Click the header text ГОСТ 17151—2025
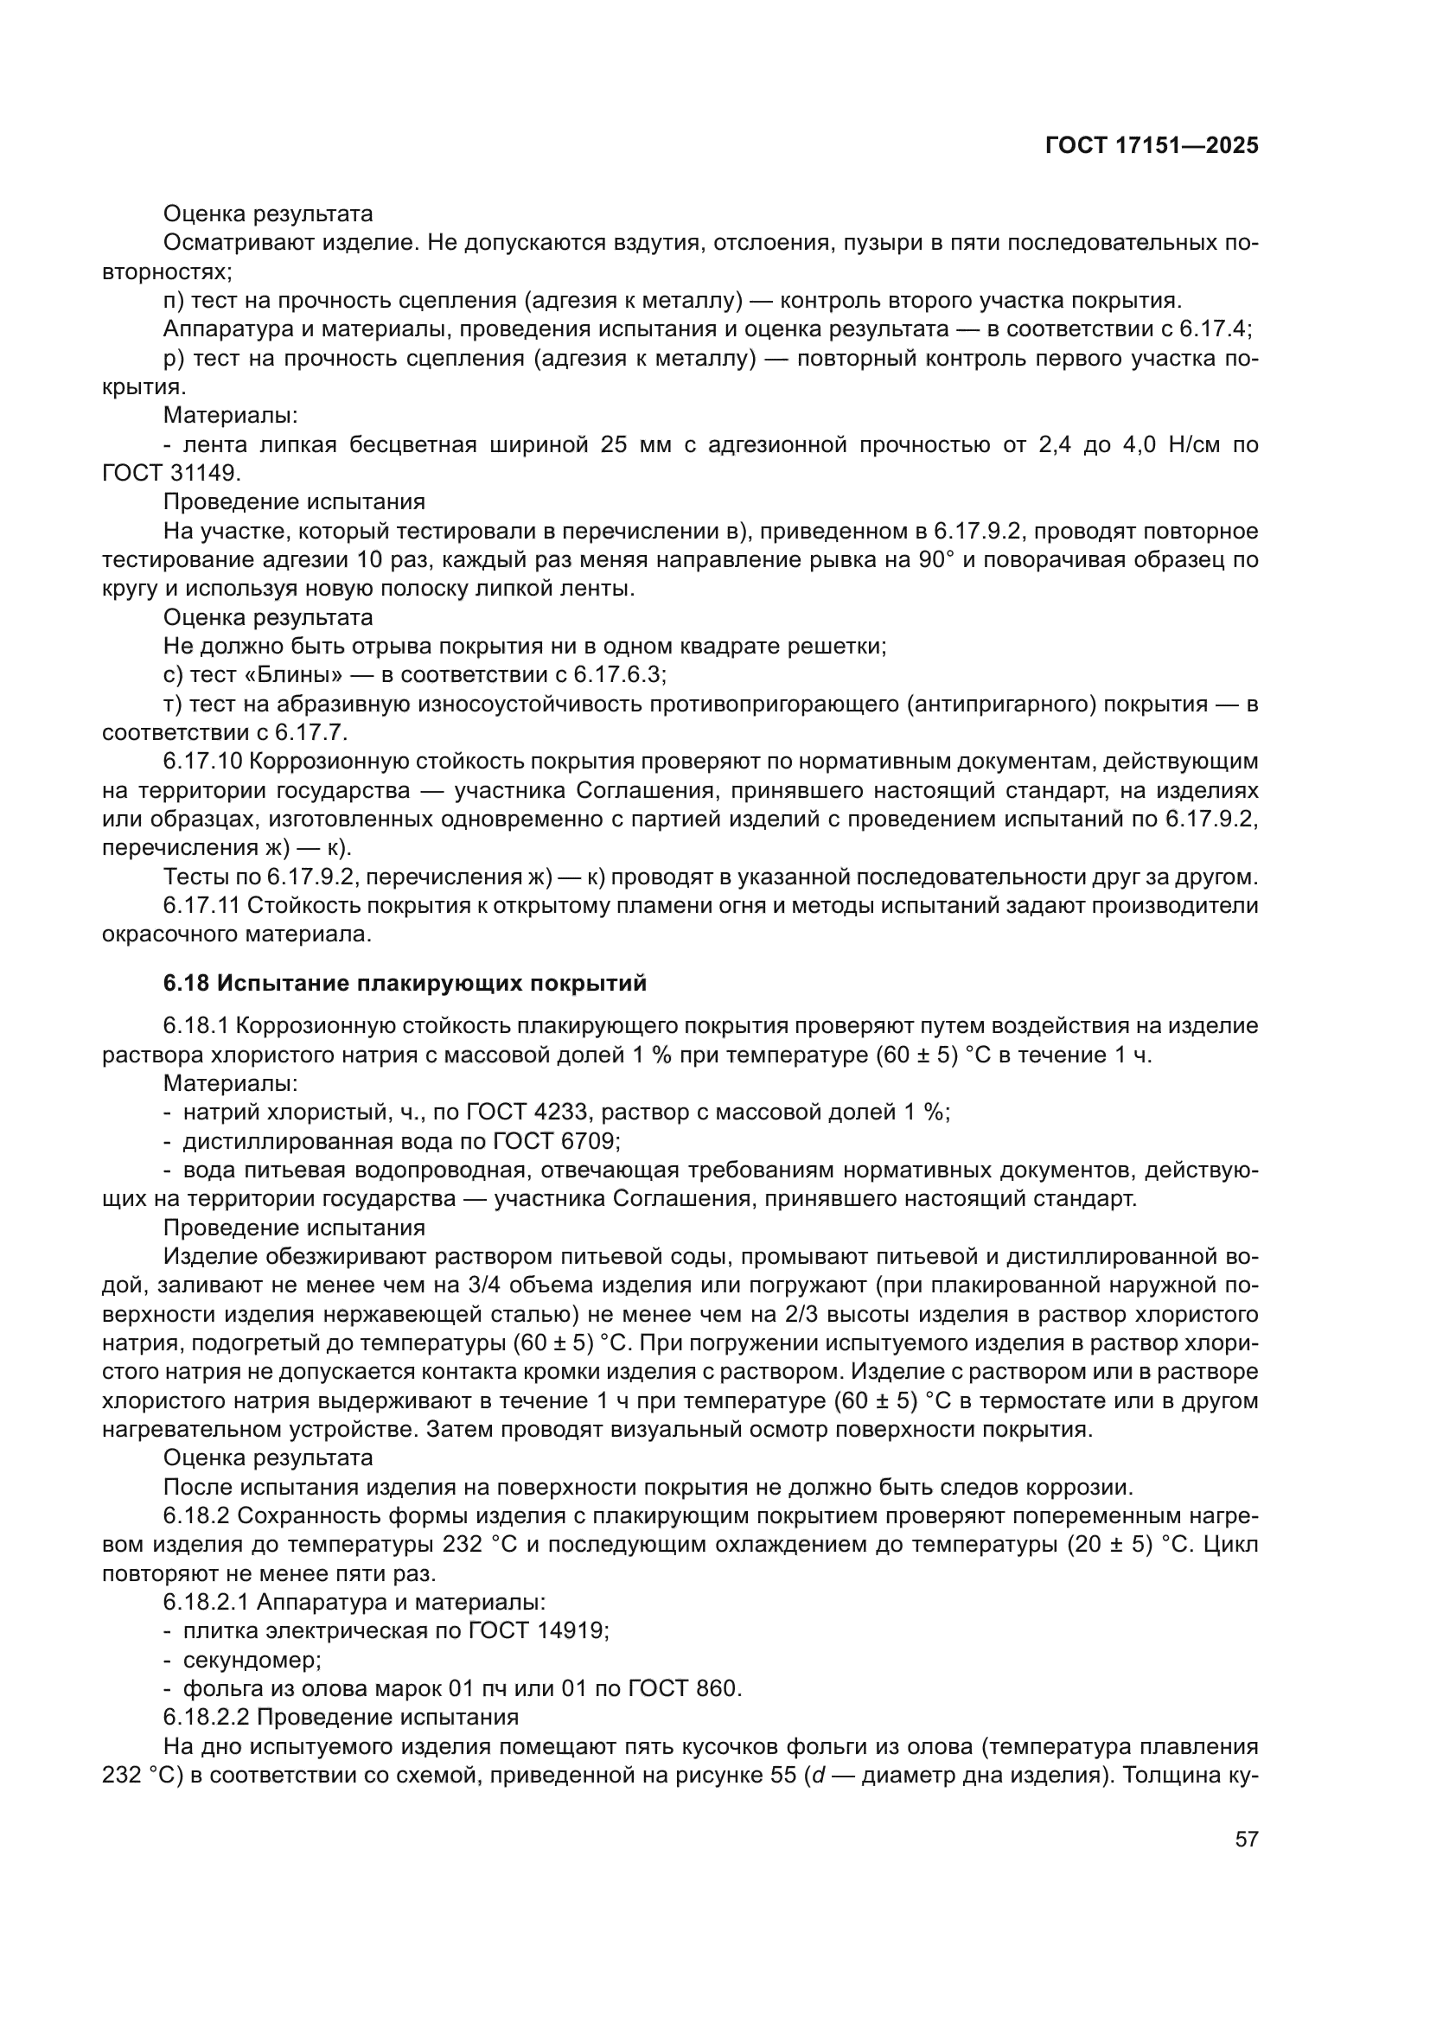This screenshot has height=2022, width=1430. [1152, 146]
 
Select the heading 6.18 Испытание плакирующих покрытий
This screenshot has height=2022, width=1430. [405, 983]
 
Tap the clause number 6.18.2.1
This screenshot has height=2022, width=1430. [207, 1603]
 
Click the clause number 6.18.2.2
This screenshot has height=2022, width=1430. [207, 1718]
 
